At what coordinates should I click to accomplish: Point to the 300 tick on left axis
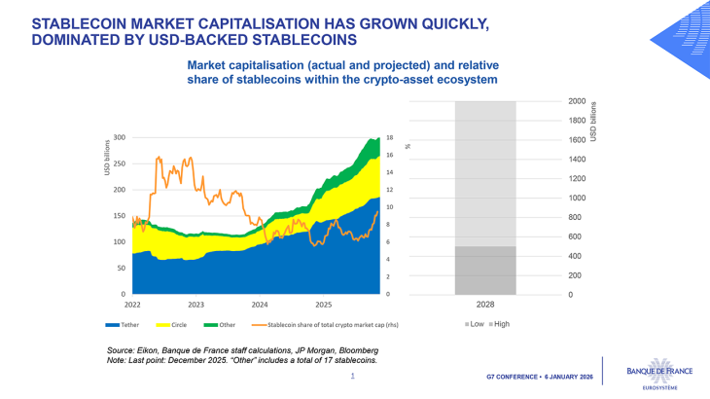tap(120, 137)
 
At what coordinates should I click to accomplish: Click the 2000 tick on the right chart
tap(577, 101)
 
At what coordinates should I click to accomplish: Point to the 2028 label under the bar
tap(485, 305)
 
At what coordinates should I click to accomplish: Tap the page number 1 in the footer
tap(352, 375)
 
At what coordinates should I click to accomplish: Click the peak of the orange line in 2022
tap(159, 156)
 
